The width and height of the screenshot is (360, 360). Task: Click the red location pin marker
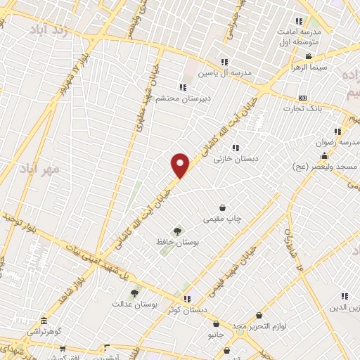pyautogui.click(x=181, y=165)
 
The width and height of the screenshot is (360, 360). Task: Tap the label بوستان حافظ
pyautogui.click(x=177, y=241)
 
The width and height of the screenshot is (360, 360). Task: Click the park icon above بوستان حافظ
pyautogui.click(x=177, y=230)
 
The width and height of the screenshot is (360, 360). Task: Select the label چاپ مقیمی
pyautogui.click(x=222, y=219)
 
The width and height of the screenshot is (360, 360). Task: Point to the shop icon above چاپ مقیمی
pyautogui.click(x=223, y=207)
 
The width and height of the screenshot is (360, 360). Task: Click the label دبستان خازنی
pyautogui.click(x=237, y=159)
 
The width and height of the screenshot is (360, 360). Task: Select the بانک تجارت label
pyautogui.click(x=302, y=108)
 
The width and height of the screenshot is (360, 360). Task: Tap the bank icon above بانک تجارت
pyautogui.click(x=303, y=98)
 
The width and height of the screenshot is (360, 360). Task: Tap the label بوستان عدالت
pyautogui.click(x=133, y=304)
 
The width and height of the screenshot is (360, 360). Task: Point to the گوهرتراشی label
pyautogui.click(x=44, y=330)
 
